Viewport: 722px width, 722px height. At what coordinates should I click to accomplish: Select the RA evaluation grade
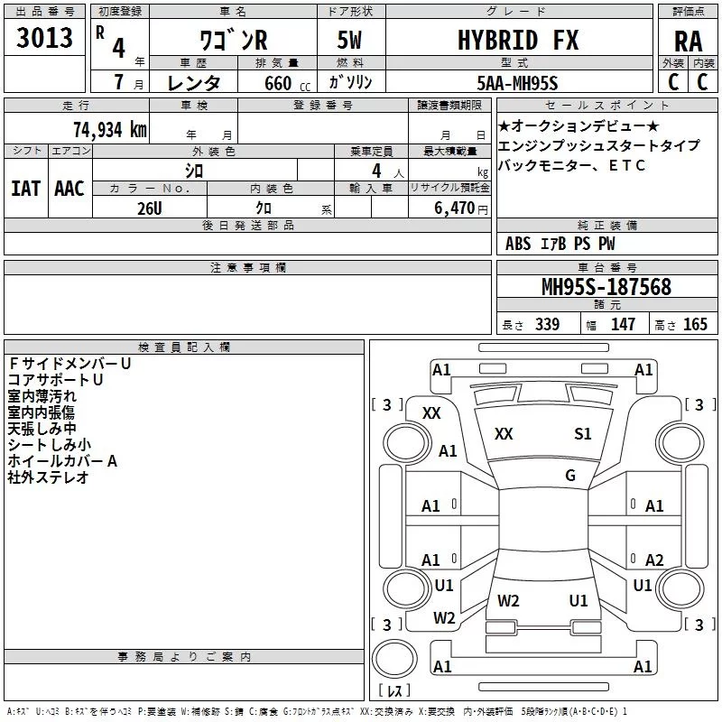coord(688,42)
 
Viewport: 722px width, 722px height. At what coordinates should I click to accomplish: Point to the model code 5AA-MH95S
coord(516,82)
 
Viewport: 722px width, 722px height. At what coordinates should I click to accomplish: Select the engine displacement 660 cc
coord(275,83)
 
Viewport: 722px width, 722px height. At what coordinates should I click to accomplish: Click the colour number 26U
coord(149,207)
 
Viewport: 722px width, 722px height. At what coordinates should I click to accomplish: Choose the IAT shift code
coord(25,189)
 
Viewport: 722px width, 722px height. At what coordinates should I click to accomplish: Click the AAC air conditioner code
coord(69,189)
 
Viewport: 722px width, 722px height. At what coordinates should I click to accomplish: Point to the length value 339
coord(546,325)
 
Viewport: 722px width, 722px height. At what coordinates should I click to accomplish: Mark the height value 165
coord(695,325)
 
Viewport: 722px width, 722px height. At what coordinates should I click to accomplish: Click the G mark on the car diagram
coord(570,475)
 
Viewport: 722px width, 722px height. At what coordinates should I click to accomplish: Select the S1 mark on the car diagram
coord(583,434)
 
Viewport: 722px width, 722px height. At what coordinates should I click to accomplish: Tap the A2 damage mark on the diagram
coord(654,560)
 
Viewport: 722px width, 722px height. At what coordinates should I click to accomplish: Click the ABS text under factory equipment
coord(518,244)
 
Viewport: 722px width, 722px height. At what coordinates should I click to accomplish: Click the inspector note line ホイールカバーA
coord(63,461)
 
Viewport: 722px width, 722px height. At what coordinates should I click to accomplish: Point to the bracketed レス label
coord(393,690)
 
